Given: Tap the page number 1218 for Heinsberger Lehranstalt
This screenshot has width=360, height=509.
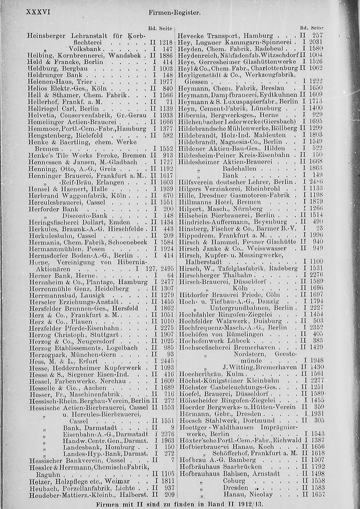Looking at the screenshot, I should coord(166,42).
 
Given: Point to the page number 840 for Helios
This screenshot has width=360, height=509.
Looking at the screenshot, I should coord(168,88).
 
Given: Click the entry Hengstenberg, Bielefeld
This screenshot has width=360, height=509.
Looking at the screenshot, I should coord(66,135).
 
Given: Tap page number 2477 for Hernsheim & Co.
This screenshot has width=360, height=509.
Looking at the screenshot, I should coord(166,282).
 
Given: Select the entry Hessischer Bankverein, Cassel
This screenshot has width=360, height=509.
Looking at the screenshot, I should coord(74,460).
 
